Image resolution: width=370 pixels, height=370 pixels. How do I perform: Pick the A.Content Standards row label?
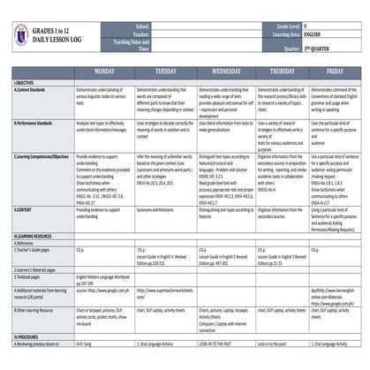(35, 89)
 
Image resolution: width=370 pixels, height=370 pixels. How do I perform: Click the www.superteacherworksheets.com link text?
(170, 291)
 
